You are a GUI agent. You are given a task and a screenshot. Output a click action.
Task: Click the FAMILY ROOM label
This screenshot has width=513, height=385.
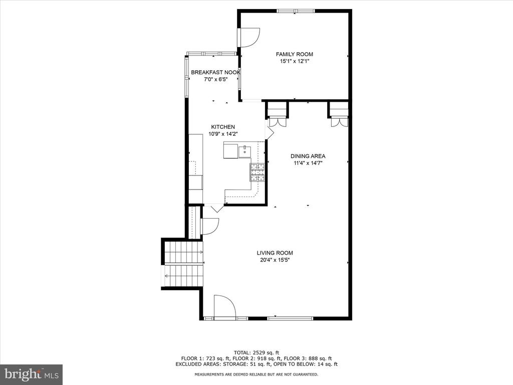pyautogui.click(x=295, y=54)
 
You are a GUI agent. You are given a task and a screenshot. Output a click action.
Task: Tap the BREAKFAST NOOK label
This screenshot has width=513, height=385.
pyautogui.click(x=215, y=72)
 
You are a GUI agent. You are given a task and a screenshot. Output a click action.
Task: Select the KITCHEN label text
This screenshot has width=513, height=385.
pyautogui.click(x=223, y=127)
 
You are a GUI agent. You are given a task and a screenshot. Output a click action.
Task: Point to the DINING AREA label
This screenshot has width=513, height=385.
pyautogui.click(x=308, y=156)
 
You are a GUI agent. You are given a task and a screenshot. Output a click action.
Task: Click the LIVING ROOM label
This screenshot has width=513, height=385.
pyautogui.click(x=275, y=253)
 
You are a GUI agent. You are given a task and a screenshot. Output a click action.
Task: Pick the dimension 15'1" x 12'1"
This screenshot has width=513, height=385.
pyautogui.click(x=295, y=61)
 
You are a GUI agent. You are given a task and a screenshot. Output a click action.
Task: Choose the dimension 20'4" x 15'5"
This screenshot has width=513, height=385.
pyautogui.click(x=275, y=260)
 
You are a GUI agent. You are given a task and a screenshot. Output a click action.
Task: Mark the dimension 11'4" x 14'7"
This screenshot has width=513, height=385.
pyautogui.click(x=308, y=163)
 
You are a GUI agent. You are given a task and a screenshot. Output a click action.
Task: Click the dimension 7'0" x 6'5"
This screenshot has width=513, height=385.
pyautogui.click(x=215, y=79)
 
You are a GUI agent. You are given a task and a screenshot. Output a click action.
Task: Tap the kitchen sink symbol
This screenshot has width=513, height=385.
pyautogui.click(x=244, y=152)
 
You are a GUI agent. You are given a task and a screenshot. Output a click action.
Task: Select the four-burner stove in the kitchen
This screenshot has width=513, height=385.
pyautogui.click(x=258, y=172)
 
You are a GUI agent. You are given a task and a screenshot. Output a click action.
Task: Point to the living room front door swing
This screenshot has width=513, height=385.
pyautogui.click(x=225, y=306)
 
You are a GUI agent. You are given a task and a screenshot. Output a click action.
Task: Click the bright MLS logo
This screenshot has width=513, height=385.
pyautogui.click(x=32, y=374)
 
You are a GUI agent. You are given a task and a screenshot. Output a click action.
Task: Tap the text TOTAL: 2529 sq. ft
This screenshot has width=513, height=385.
pyautogui.click(x=256, y=352)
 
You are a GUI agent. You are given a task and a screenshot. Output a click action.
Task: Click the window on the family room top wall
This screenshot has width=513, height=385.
pyautogui.click(x=296, y=11)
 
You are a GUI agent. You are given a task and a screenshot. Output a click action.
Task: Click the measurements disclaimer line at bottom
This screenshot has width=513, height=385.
pyautogui.click(x=256, y=374)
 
